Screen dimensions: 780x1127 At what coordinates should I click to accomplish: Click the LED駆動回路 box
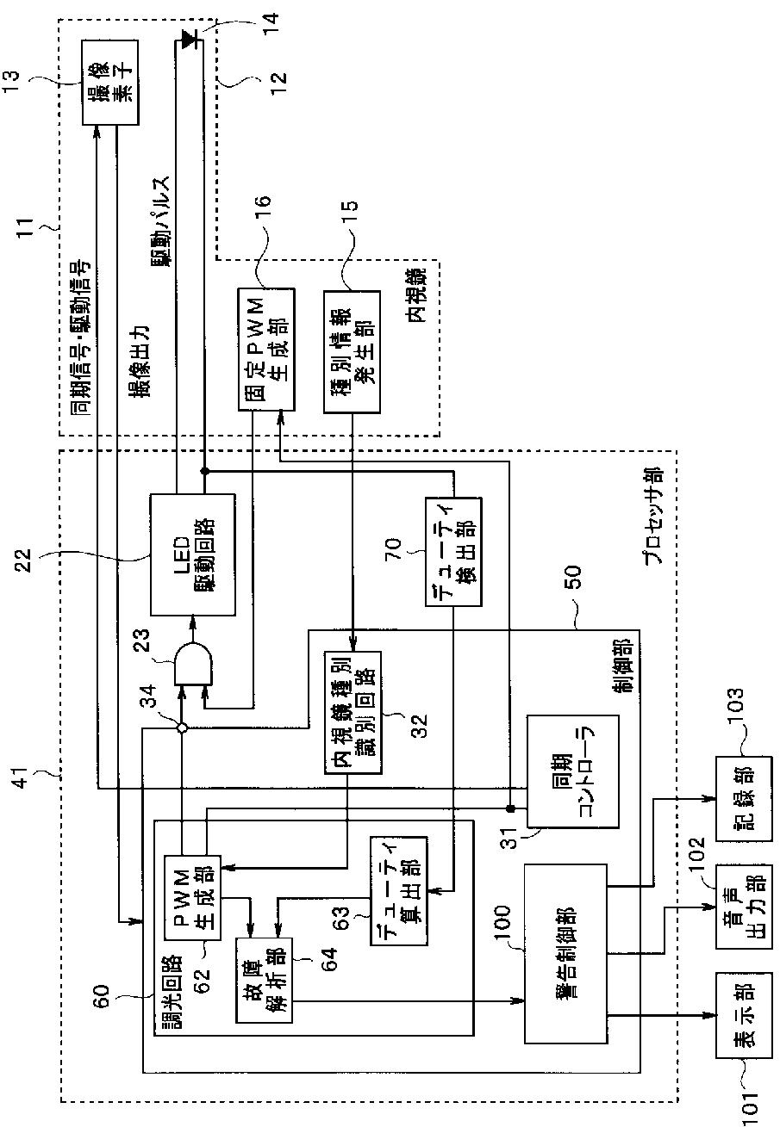coord(193,554)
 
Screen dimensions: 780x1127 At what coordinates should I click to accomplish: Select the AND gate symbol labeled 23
coord(193,663)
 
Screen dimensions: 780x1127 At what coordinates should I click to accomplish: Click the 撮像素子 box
coord(110,82)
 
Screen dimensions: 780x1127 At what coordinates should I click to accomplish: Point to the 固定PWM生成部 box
coord(266,350)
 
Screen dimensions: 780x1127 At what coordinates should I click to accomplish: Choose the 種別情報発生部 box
coord(352,351)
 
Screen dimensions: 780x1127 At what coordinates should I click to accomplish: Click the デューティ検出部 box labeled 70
coord(453,552)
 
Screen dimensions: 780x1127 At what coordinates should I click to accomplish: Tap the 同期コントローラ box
coord(572,771)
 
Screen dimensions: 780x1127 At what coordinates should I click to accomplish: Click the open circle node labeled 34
coord(182,728)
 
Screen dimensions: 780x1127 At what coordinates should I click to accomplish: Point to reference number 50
coord(573,576)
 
